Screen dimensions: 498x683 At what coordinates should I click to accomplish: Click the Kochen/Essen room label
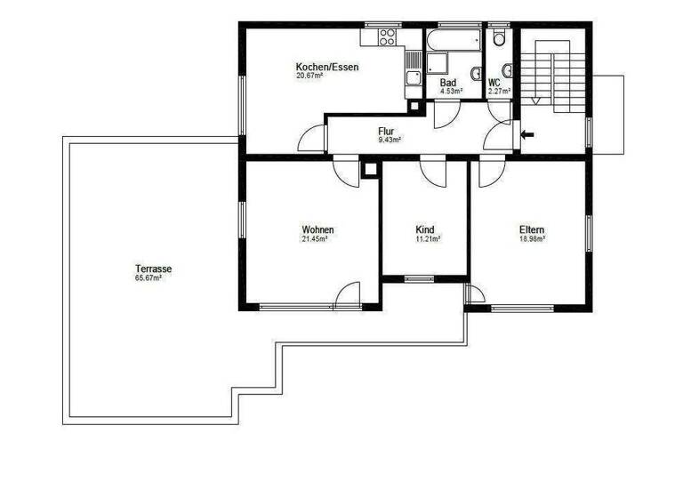pos(327,67)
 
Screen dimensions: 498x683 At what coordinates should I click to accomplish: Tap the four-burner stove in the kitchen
pos(387,37)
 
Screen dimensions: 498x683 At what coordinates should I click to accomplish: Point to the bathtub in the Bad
pos(453,42)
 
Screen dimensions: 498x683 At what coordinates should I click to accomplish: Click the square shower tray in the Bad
pos(438,63)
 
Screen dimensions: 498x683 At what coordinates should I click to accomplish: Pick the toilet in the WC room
pos(500,36)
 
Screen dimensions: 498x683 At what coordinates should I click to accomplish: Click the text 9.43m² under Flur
pos(390,140)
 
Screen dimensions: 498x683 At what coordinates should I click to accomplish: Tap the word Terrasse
pos(153,269)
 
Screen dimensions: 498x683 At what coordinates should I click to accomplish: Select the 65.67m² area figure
pos(148,278)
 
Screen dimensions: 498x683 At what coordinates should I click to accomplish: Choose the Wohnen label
pos(317,229)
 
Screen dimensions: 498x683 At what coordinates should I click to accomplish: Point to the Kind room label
pos(425,229)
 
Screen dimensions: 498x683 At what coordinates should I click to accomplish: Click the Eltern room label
pos(532,229)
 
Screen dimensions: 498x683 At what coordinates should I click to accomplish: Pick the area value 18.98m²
pos(532,239)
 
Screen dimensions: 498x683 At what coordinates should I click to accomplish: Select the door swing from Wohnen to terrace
pos(348,294)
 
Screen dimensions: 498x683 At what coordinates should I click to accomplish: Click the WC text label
pos(494,82)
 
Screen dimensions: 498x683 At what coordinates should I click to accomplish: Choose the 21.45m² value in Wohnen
pos(315,239)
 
